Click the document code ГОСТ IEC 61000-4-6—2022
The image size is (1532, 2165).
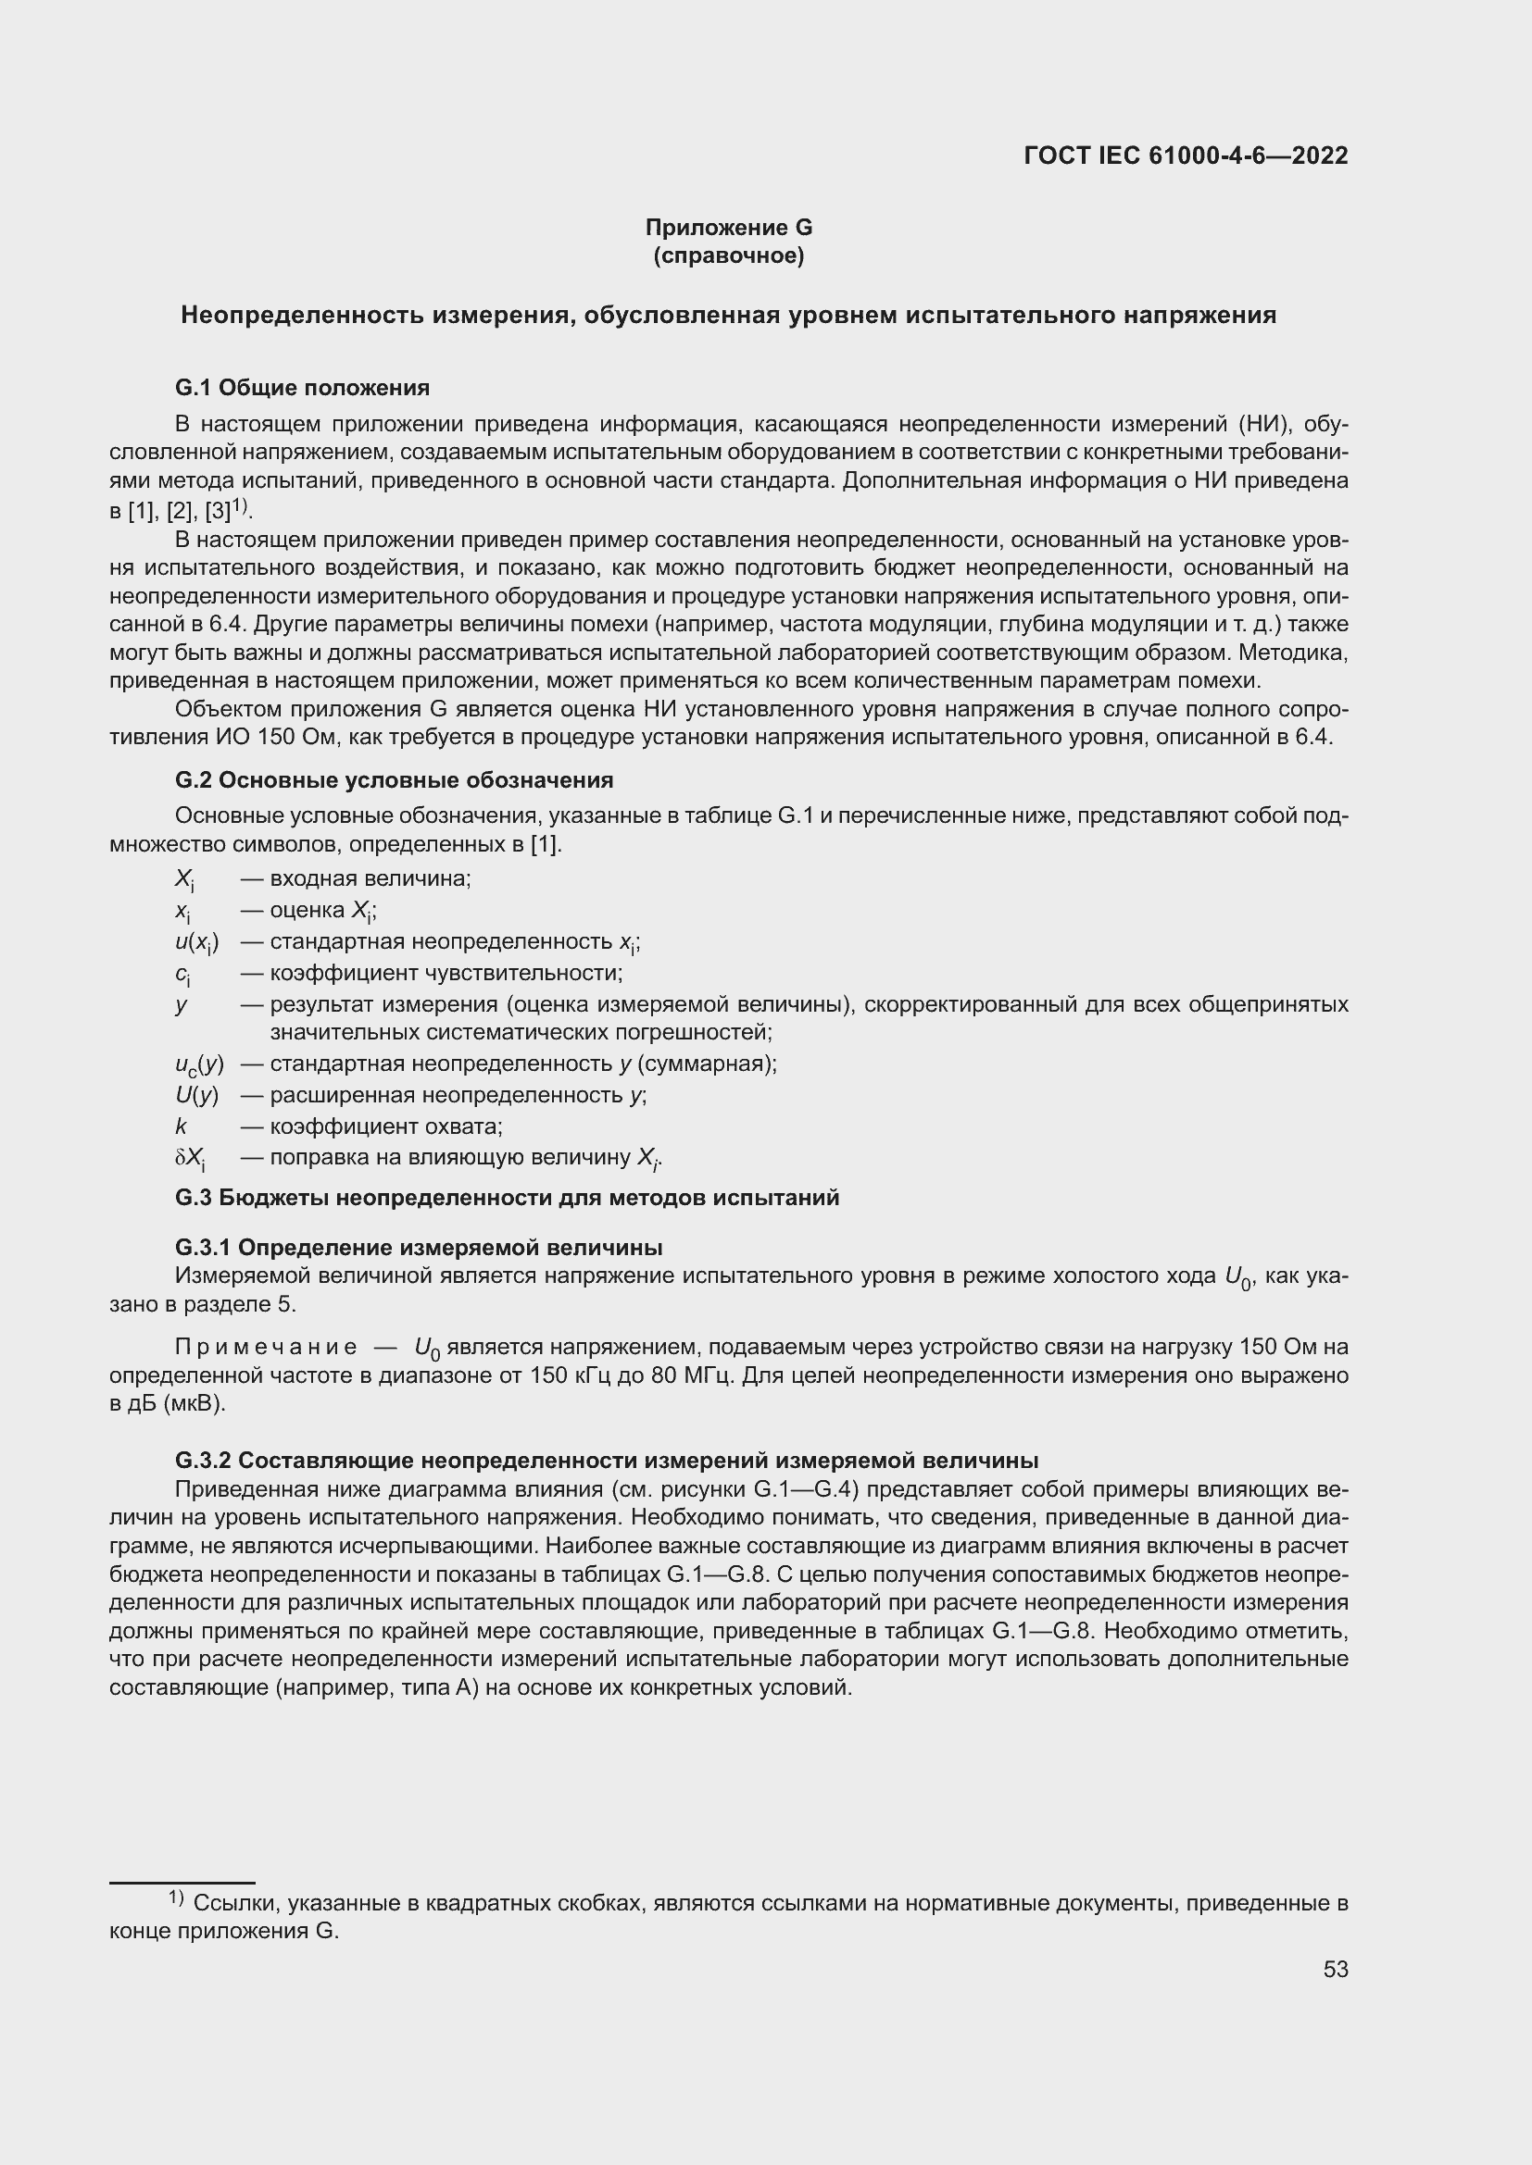point(1185,156)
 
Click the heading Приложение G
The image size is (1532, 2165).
point(728,228)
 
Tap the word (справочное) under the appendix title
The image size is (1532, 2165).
point(728,255)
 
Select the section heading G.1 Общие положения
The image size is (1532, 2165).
point(302,388)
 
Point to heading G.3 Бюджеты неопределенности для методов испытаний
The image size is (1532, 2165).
point(507,1198)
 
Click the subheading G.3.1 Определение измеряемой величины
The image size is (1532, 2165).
point(418,1248)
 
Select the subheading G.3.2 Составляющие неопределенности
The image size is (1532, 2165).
point(606,1461)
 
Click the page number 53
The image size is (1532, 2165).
point(1335,1970)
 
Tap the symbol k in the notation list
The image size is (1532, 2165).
point(182,1126)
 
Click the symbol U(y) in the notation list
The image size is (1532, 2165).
point(196,1096)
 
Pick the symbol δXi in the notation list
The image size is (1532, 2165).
point(191,1158)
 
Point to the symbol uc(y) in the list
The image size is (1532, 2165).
point(199,1064)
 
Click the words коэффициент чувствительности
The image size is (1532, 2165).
point(446,972)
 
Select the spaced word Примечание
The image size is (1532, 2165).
point(266,1348)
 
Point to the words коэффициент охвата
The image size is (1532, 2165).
point(385,1126)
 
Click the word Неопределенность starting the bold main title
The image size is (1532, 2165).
point(301,315)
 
